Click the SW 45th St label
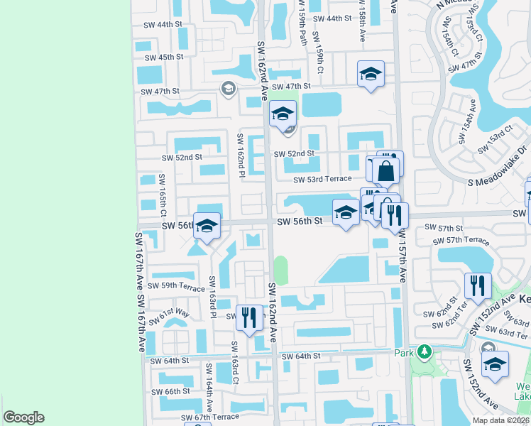(x=162, y=57)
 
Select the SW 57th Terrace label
(x=458, y=241)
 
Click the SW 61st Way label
(x=175, y=312)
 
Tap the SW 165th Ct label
(x=163, y=195)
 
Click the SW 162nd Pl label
(x=241, y=155)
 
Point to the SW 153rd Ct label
(x=495, y=139)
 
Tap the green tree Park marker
(x=424, y=351)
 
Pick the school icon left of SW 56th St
(x=207, y=226)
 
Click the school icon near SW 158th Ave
(x=370, y=74)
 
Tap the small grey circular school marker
(x=228, y=89)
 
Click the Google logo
(x=24, y=417)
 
